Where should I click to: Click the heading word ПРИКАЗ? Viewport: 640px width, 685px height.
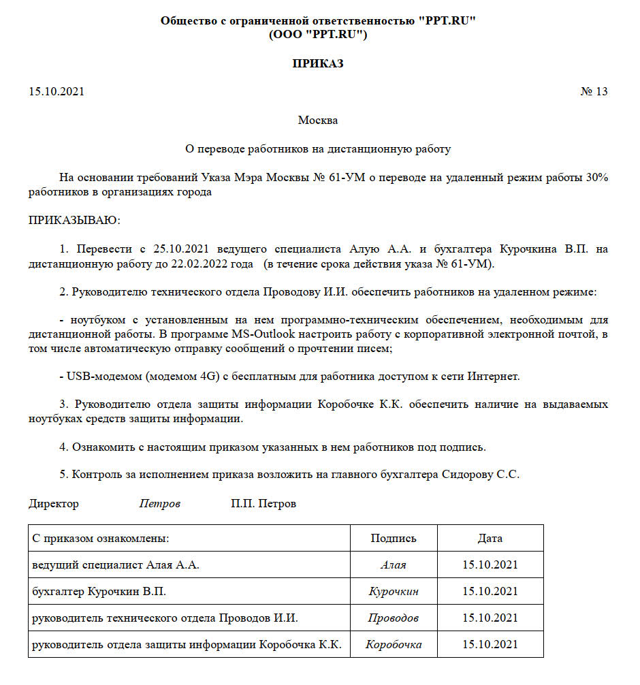pos(318,64)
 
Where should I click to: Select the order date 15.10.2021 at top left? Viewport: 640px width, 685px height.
pos(57,92)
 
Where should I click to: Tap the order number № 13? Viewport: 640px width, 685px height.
pos(594,92)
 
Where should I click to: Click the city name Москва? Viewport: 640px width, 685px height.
pos(318,121)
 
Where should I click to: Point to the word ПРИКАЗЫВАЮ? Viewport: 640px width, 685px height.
pos(74,220)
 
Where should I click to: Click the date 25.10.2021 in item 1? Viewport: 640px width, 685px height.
pos(181,249)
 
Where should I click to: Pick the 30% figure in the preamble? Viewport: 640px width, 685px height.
pos(596,177)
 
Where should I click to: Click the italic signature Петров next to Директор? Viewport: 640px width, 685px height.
pos(160,504)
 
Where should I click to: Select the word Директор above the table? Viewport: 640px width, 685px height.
pos(54,504)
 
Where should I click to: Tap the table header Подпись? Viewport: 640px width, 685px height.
pos(394,538)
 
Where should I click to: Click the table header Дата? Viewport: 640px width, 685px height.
pos(490,538)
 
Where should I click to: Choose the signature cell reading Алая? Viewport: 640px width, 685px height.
pos(394,565)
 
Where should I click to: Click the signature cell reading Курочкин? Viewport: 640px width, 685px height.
pos(394,592)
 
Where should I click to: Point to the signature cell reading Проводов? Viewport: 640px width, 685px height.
pos(394,618)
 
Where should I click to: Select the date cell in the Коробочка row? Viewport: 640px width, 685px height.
pos(490,644)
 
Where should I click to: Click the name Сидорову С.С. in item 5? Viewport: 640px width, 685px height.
pos(481,475)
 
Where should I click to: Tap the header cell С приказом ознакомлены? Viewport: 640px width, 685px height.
pos(101,538)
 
